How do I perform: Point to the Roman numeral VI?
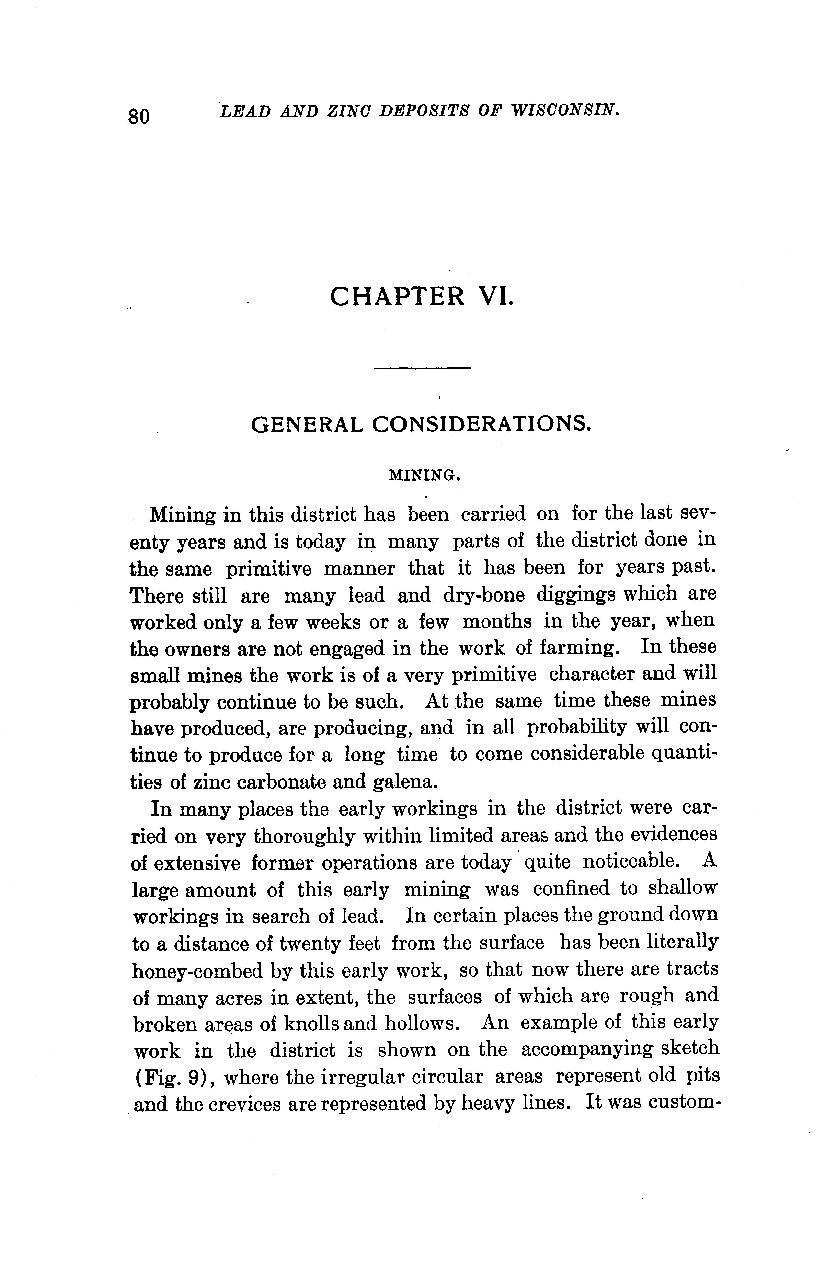click(495, 296)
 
